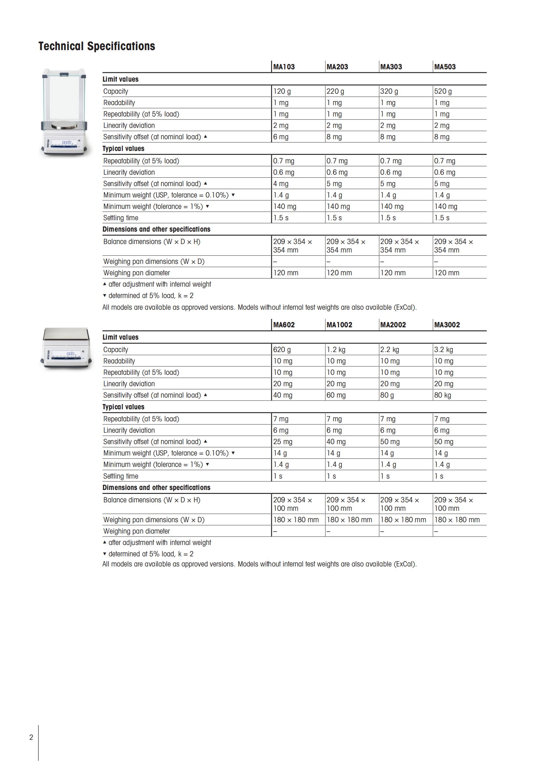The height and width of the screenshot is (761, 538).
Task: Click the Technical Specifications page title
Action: point(97,46)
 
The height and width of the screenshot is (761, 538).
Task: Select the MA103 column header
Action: point(284,67)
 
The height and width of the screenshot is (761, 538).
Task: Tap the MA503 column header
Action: point(445,67)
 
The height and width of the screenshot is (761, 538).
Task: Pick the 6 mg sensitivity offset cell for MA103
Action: point(281,137)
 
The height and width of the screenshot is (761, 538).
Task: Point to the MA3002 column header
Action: point(447,325)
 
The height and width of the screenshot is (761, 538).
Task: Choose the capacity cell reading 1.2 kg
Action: point(336,350)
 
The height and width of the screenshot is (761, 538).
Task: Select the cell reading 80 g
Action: point(387,395)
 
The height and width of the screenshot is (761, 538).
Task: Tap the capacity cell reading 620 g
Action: point(282,350)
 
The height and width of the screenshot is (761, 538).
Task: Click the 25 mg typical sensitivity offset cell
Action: point(283,442)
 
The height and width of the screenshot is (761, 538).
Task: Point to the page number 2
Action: point(31,738)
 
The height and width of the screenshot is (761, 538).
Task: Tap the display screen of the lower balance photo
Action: point(67,354)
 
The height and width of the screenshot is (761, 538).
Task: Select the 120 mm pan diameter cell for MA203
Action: point(339,273)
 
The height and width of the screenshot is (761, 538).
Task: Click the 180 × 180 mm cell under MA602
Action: point(296,520)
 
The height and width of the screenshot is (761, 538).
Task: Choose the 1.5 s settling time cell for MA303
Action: point(388,218)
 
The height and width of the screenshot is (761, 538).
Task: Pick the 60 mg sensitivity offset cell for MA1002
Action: point(336,395)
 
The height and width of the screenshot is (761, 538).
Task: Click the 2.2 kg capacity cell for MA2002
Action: point(390,350)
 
